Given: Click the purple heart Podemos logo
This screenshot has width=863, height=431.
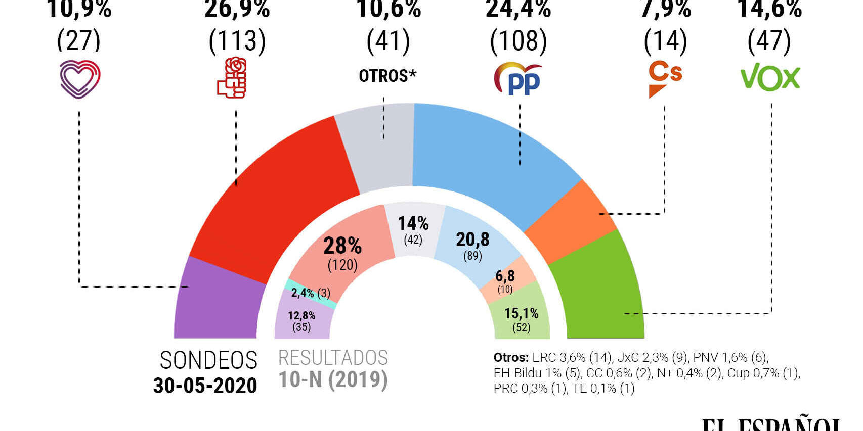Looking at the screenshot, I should (x=80, y=79).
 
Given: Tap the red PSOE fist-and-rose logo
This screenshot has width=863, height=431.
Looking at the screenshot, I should (x=232, y=78).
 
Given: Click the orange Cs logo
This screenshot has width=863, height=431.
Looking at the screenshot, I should (x=665, y=78).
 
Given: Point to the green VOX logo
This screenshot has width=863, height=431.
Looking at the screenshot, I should (x=770, y=77).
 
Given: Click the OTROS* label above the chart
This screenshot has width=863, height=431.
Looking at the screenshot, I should (x=387, y=76).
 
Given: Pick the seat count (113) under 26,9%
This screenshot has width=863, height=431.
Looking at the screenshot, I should (x=237, y=41).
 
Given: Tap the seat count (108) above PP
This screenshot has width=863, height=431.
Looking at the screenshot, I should (x=519, y=41).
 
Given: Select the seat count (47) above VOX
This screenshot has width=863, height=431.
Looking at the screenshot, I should (x=769, y=41).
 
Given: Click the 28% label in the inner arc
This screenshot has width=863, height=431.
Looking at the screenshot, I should (x=342, y=246).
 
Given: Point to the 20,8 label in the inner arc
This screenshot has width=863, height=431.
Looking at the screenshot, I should (x=472, y=240).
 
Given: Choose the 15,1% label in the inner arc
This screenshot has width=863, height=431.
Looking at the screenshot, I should (x=521, y=313).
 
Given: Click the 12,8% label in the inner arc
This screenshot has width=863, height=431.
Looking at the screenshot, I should (x=301, y=316).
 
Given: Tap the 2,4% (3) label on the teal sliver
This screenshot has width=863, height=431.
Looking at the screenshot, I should (x=310, y=293).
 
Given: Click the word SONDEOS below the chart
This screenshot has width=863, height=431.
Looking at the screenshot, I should (x=208, y=360).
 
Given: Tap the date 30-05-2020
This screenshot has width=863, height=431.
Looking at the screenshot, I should (x=205, y=386).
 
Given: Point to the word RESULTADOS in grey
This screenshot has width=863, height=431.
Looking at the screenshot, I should (x=333, y=358).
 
